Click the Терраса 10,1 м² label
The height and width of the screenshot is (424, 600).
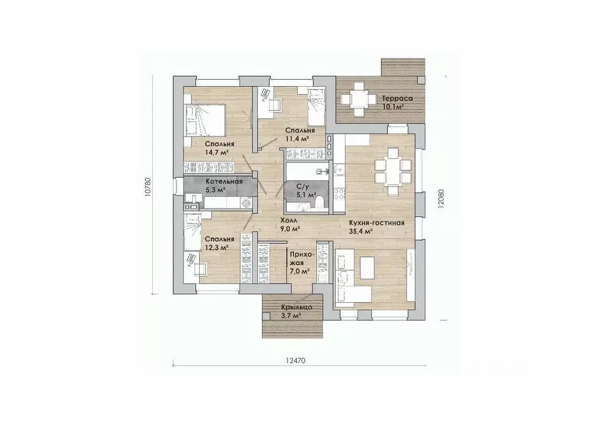397,102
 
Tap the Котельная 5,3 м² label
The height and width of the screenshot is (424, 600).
224,185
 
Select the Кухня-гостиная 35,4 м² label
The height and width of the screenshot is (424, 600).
377,227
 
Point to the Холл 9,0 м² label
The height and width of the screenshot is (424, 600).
289,224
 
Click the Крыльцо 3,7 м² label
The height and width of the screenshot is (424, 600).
296,311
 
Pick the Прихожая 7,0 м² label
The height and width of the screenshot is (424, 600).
302,263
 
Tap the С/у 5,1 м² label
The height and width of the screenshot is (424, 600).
306,191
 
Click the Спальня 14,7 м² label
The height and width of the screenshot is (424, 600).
219,148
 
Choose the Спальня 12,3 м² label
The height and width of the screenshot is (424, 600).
219,243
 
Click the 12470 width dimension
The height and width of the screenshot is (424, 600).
295,360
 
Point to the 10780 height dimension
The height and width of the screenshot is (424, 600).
148,187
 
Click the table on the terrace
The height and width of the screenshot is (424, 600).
359,100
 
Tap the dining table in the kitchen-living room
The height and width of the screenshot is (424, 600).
393,172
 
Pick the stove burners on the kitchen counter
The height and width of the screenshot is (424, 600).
339,194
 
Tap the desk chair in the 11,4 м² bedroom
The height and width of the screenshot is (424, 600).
274,104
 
